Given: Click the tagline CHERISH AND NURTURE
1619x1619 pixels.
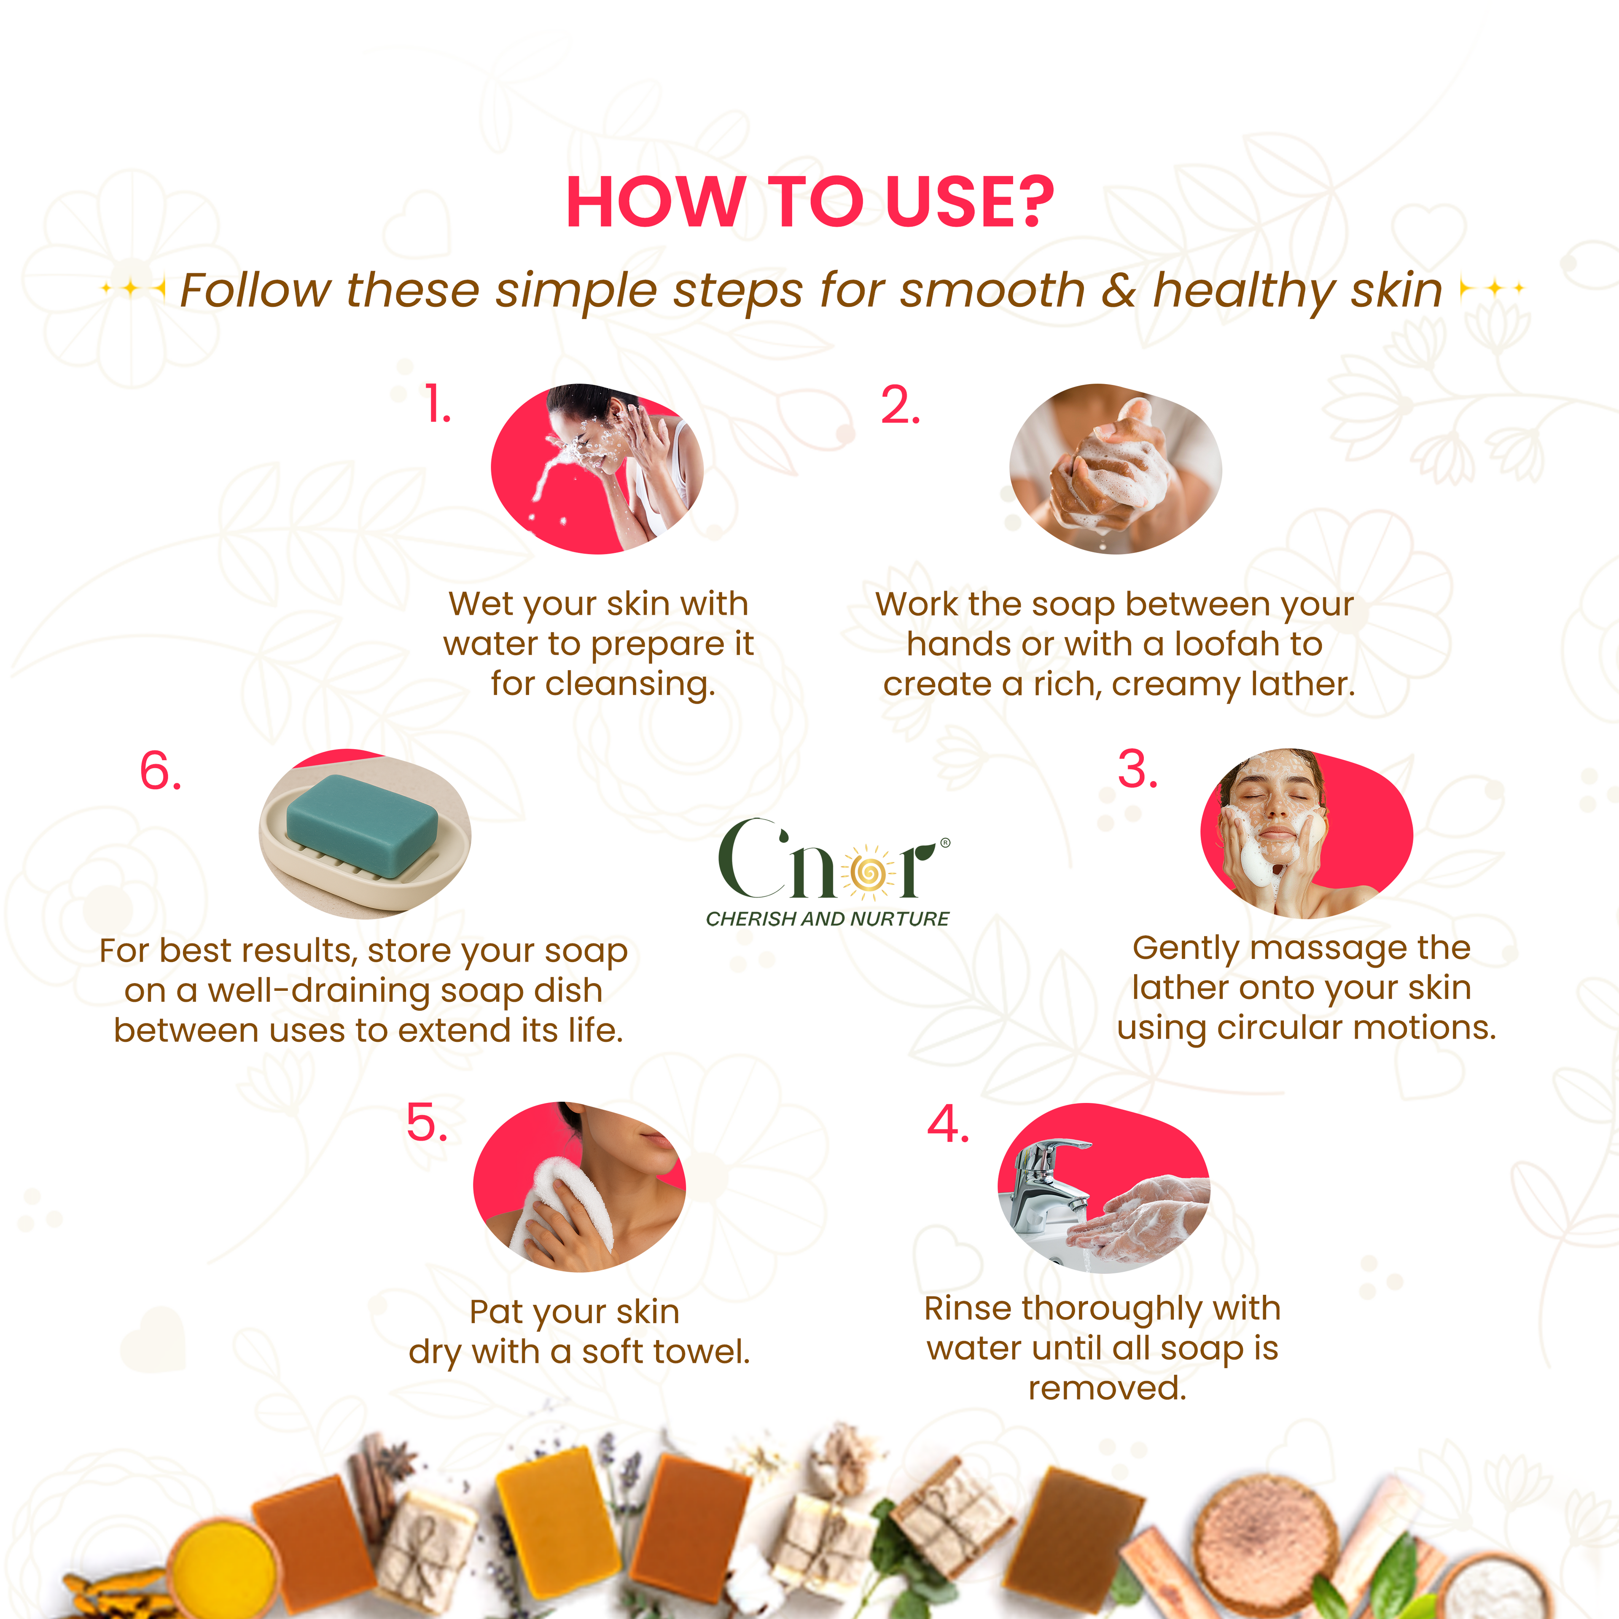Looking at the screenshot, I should point(827,919).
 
